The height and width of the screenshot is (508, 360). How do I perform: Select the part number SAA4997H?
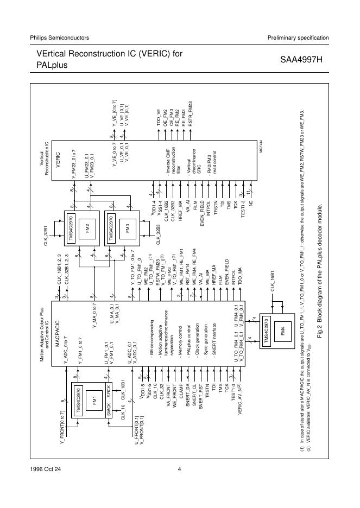click(301, 60)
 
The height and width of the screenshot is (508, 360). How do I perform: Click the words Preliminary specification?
click(298, 37)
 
